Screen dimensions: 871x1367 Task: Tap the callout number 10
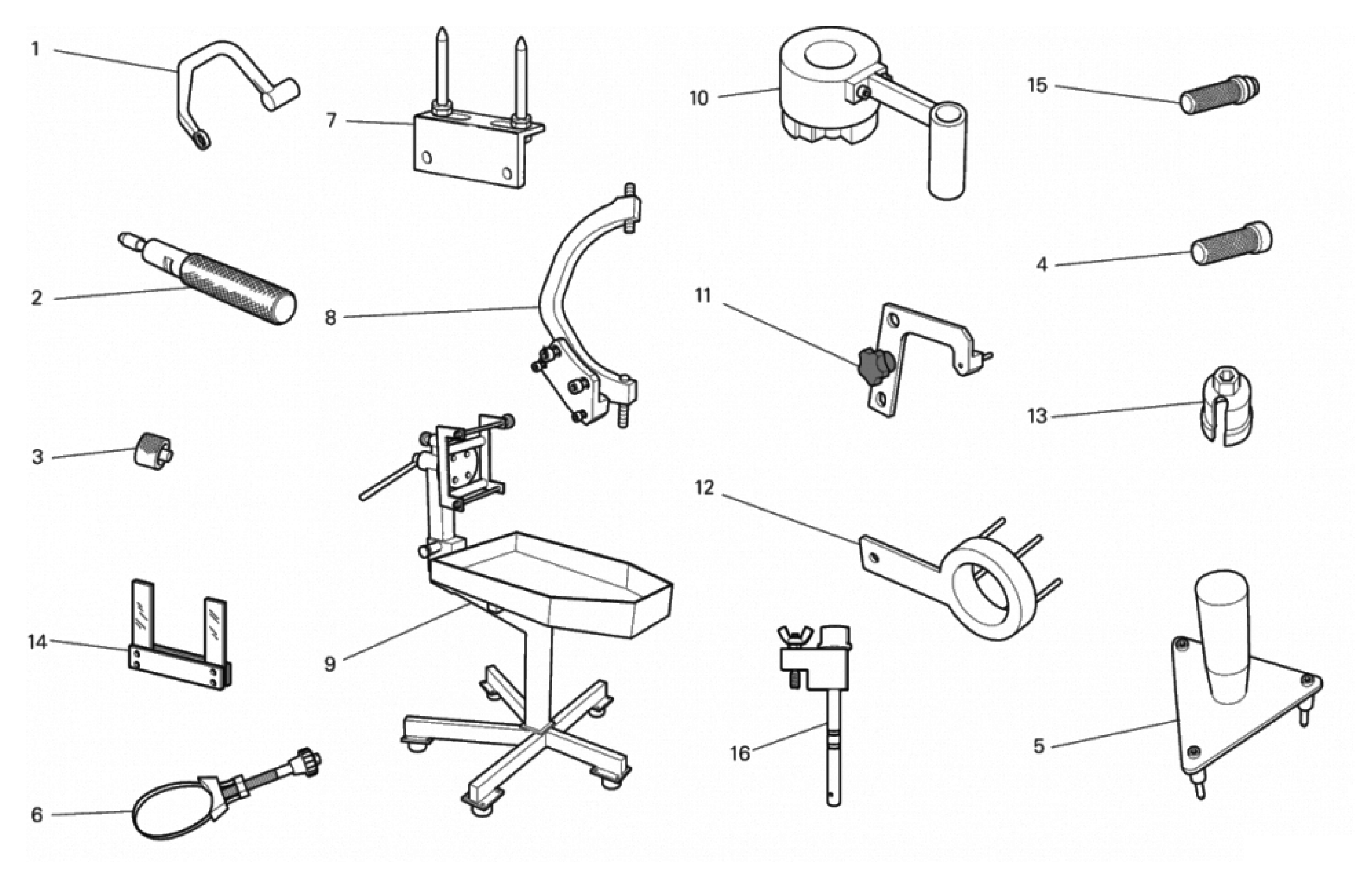(x=699, y=98)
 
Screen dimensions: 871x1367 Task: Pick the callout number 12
(x=704, y=488)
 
